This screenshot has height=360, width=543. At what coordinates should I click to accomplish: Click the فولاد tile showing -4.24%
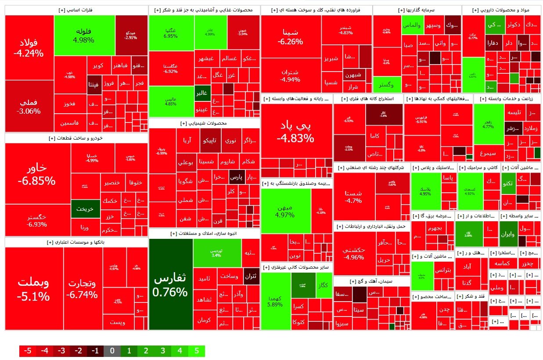pos(29,48)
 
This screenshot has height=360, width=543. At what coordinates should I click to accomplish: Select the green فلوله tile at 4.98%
pos(84,35)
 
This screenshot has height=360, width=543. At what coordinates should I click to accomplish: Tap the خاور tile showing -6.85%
pos(38,174)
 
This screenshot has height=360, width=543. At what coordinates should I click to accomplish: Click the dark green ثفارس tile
pos(170,284)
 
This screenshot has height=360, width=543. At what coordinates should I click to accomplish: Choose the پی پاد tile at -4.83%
pos(295,131)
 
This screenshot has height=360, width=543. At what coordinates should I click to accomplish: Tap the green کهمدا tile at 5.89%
pos(276,302)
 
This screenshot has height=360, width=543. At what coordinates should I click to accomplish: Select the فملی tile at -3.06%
pos(29,106)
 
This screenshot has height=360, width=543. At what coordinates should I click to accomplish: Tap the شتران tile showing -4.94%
pos(291,76)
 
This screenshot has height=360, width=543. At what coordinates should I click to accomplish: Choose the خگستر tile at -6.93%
pos(38,220)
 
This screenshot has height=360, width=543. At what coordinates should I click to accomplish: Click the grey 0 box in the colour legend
pos(112,351)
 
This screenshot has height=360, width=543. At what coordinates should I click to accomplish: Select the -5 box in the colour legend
pos(28,351)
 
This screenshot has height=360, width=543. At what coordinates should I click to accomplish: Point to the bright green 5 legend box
pos(196,351)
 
